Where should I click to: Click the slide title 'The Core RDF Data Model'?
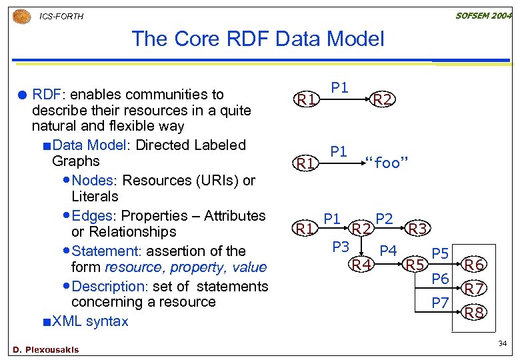coord(258,39)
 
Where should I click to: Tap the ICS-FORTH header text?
coord(62,16)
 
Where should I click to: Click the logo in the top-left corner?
coord(22,15)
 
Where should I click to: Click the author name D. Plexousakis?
coord(45,349)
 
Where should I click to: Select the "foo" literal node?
coord(387,163)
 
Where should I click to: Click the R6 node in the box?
coord(474,265)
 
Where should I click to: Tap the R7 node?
coord(474,289)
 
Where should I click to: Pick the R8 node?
coord(474,312)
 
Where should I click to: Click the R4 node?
coord(361,265)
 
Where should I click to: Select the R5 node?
coord(417,265)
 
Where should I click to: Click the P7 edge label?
coord(440,303)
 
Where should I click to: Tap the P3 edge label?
coord(341,246)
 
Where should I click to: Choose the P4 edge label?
coord(388,251)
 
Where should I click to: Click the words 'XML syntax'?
coord(90,321)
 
